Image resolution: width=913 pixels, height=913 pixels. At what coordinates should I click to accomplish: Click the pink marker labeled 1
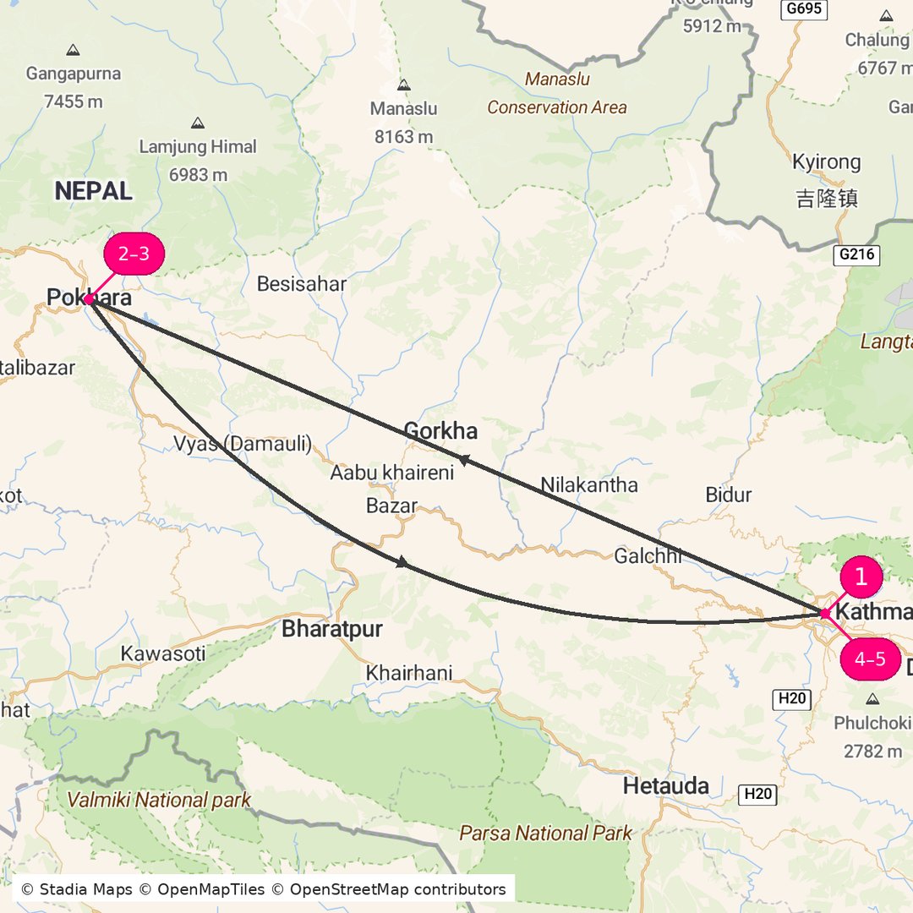[861, 577]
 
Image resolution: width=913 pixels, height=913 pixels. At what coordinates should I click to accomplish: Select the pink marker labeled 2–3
[133, 254]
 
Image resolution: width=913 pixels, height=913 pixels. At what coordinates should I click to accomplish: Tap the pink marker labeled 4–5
[870, 659]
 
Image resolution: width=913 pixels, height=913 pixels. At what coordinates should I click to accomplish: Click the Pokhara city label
[89, 298]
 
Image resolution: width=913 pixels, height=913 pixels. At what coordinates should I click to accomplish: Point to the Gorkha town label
[440, 431]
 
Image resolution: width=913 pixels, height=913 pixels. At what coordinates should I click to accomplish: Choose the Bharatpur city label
[332, 629]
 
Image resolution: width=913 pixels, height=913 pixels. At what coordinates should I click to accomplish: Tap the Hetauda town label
[666, 786]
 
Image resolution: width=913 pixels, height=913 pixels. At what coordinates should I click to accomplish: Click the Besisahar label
[302, 284]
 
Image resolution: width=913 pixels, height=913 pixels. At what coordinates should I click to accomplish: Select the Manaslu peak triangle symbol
[404, 85]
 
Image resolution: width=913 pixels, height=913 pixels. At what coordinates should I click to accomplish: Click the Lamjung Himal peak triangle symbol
[198, 123]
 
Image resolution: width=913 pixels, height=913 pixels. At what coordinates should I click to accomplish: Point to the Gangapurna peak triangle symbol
[74, 50]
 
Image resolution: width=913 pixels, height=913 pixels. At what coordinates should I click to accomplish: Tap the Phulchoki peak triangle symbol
[872, 699]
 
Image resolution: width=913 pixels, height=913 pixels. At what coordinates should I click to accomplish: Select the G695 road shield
[803, 8]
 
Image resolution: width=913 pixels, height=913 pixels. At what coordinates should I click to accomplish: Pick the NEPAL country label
[94, 191]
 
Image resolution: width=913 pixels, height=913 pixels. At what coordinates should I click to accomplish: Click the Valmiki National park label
[159, 800]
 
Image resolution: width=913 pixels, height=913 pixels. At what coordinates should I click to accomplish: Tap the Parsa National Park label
[545, 834]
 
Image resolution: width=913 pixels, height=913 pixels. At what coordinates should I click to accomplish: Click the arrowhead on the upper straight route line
[462, 459]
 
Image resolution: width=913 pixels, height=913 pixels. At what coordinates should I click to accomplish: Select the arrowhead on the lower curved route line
[403, 562]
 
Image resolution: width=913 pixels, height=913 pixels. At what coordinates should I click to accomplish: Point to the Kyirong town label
[827, 162]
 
